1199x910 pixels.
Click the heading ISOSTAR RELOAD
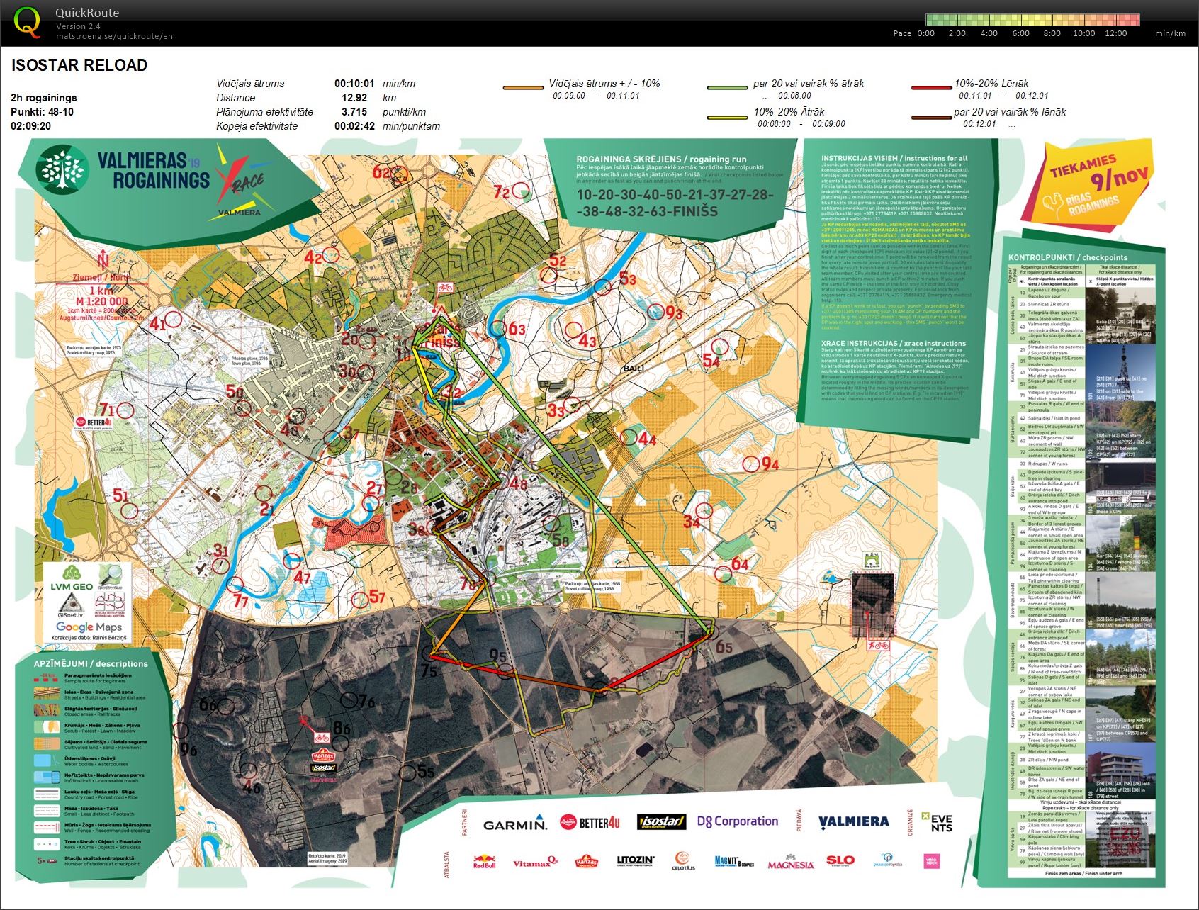[x=79, y=65]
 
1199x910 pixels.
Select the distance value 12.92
[x=354, y=98]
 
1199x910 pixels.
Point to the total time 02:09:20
[x=30, y=126]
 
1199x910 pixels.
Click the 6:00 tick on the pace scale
[x=1020, y=33]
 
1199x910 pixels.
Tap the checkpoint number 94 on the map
[x=770, y=464]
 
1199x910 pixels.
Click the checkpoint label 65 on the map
[x=724, y=647]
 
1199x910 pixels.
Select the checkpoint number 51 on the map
[x=121, y=495]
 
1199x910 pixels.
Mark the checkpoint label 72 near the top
[x=502, y=192]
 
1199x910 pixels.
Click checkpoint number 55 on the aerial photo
[x=425, y=772]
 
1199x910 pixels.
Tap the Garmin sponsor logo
[x=514, y=824]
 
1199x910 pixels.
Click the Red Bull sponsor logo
[x=484, y=862]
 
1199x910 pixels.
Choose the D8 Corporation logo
[x=737, y=821]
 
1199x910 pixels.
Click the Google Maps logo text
[x=89, y=627]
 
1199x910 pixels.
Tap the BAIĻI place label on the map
[x=633, y=369]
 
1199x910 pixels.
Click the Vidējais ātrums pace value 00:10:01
[x=354, y=84]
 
